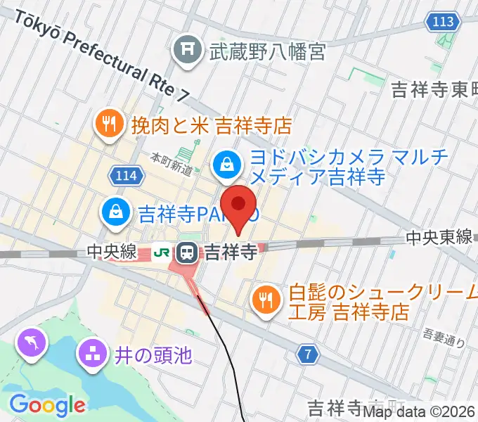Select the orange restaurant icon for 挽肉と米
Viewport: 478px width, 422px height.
pos(108,124)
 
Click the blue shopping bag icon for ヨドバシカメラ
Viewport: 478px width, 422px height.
pos(226,165)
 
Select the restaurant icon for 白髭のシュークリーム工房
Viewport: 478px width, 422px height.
pos(265,300)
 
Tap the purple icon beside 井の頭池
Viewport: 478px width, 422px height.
pos(92,354)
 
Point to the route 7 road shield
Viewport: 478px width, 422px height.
pos(307,355)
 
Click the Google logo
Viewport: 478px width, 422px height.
pos(47,404)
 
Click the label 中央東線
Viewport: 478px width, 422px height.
pos(439,238)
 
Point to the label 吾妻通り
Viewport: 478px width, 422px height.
pos(446,337)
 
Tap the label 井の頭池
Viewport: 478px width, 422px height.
pos(153,354)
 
